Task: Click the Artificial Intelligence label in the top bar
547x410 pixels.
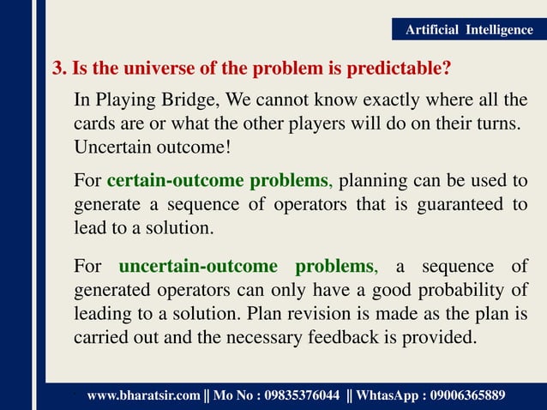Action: click(468, 30)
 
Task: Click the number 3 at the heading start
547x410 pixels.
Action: click(57, 67)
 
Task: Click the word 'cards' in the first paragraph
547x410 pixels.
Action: click(93, 124)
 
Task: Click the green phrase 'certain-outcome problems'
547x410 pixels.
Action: click(217, 181)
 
